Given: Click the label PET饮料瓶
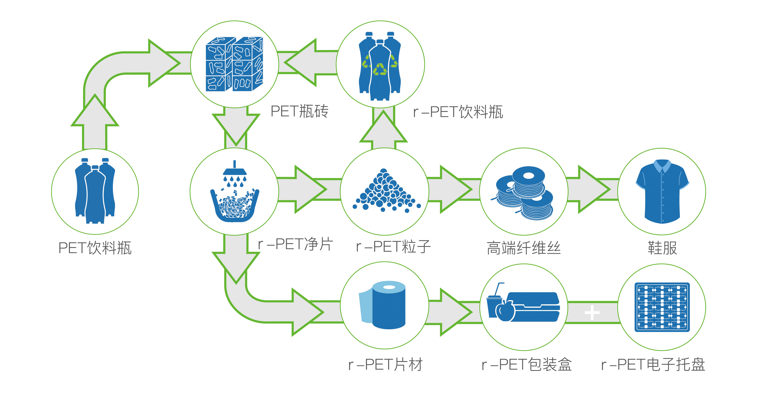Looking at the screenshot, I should (x=95, y=248).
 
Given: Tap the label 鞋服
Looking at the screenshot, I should (x=662, y=248).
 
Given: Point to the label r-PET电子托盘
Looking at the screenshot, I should (x=653, y=365).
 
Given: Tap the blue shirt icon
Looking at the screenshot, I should (x=662, y=191).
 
